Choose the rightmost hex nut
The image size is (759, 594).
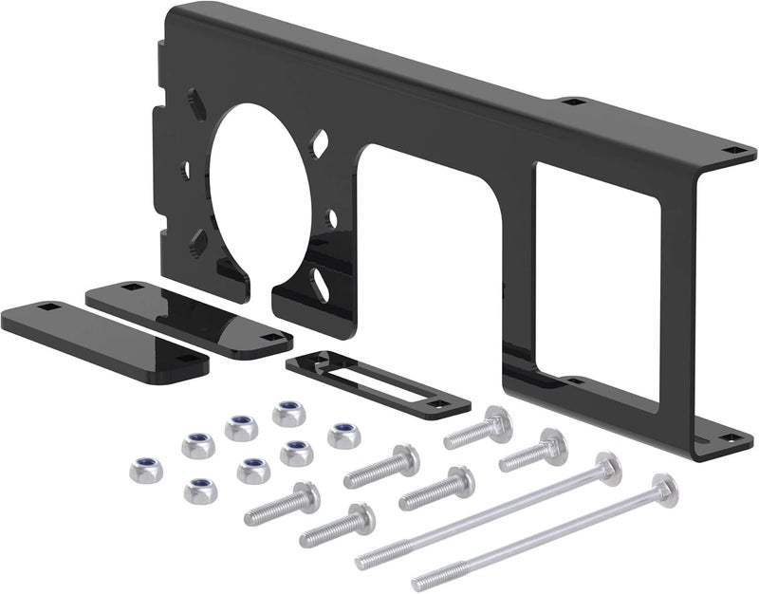tap(343, 436)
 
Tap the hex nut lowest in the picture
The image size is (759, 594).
tap(200, 490)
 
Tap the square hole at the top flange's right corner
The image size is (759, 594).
tap(731, 148)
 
